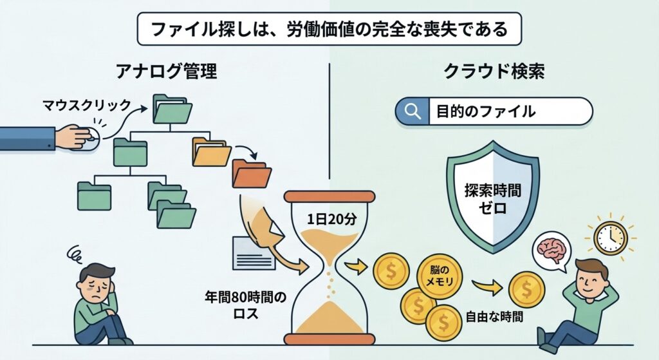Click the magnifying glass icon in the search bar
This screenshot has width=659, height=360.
point(411,111)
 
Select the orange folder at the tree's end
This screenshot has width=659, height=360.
point(251,173)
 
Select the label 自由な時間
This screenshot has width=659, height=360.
point(494,316)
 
